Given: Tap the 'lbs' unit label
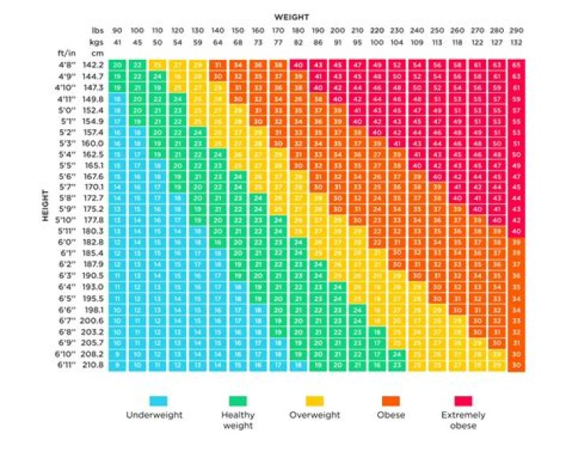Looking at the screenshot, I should (x=98, y=30).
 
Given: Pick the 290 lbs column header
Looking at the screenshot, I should (x=516, y=30).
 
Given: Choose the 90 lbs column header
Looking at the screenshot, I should (x=117, y=30).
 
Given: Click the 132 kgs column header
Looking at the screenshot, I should (x=516, y=40).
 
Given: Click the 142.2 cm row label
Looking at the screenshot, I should (x=96, y=64).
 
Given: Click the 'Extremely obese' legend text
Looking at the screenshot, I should (x=467, y=419).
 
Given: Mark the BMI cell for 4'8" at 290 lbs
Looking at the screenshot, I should (x=516, y=64).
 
